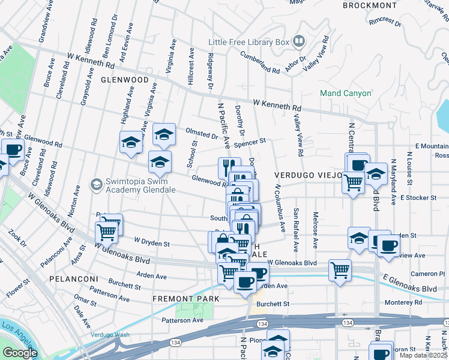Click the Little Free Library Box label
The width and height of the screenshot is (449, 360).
pyautogui.click(x=249, y=42)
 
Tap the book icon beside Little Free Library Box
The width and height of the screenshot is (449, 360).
pyautogui.click(x=298, y=41)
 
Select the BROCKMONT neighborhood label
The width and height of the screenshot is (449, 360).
pyautogui.click(x=370, y=5)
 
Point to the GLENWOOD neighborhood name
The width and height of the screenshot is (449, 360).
pyautogui.click(x=124, y=79)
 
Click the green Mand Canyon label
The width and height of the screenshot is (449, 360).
pyautogui.click(x=345, y=94)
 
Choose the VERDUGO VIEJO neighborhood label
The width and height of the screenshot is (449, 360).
pyautogui.click(x=308, y=175)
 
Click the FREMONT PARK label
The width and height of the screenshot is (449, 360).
pyautogui.click(x=185, y=298)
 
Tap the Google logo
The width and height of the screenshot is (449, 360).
pyautogui.click(x=20, y=353)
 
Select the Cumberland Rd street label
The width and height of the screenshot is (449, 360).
pyautogui.click(x=261, y=62)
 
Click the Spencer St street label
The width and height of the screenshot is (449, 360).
pyautogui.click(x=250, y=143)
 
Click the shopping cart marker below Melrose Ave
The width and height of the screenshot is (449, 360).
pyautogui.click(x=340, y=270)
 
